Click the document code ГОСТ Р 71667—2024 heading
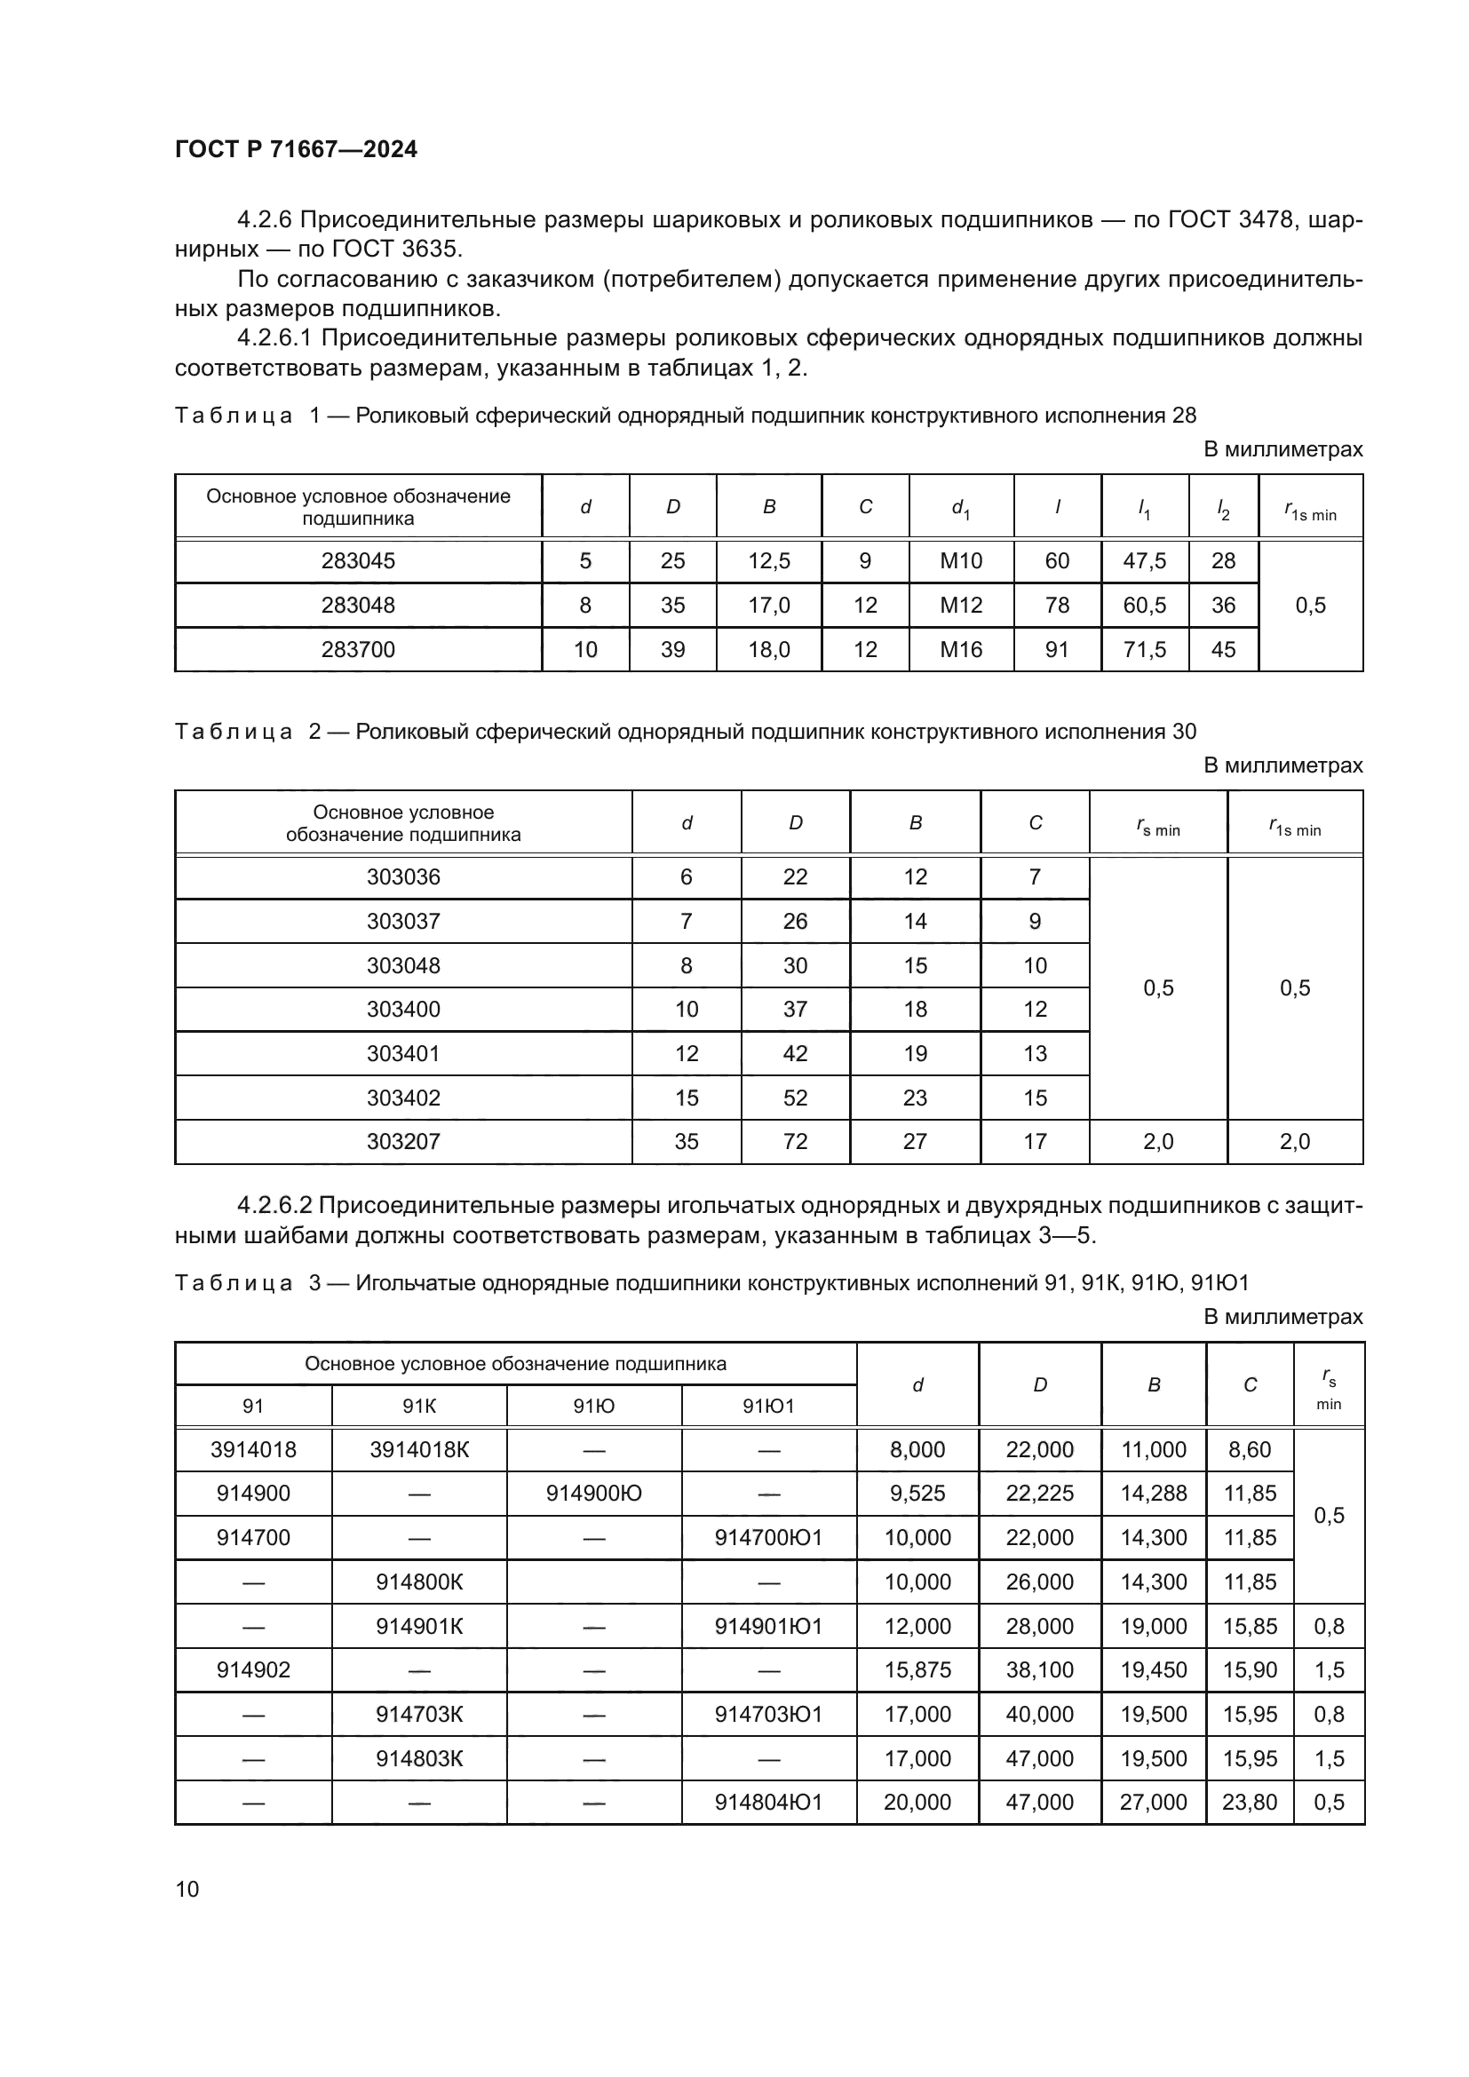296,149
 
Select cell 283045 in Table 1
358,561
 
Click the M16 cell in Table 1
961,649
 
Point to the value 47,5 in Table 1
1144,561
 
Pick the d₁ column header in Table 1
961,509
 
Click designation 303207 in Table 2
403,1142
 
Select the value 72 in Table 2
795,1142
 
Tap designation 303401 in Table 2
403,1053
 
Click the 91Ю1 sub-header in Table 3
768,1406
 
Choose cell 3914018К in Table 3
419,1450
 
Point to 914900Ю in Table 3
593,1494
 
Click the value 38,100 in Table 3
1039,1670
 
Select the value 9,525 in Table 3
917,1494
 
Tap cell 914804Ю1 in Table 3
768,1802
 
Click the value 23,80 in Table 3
1250,1802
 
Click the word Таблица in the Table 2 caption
234,731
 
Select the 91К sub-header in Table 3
419,1406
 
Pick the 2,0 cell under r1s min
1294,1142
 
